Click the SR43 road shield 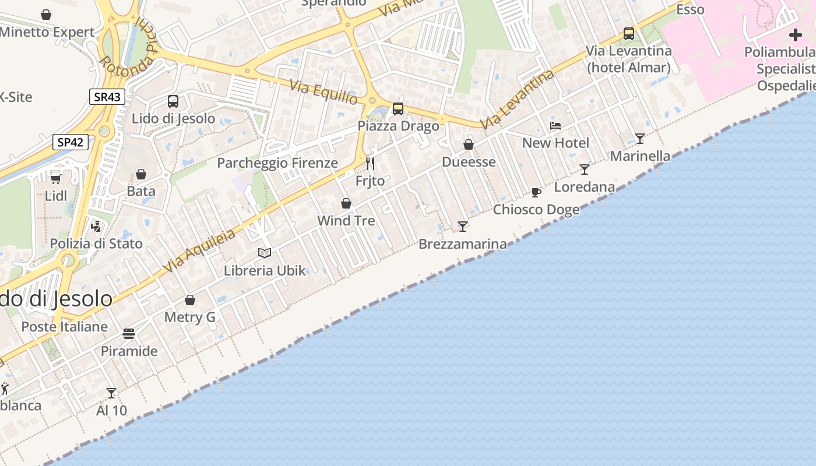pos(107,97)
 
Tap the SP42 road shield pos(71,142)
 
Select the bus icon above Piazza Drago pos(398,109)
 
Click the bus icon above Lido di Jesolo pos(173,101)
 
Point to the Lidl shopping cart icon pos(56,178)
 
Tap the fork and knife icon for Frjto pos(370,163)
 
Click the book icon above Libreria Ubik pos(265,253)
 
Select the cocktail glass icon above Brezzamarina pos(463,226)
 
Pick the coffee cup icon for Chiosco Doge pos(536,192)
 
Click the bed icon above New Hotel pos(555,125)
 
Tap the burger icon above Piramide pos(129,334)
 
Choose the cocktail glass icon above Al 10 pos(111,393)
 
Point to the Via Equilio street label pos(324,93)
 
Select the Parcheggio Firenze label pos(277,163)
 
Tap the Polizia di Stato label pos(96,243)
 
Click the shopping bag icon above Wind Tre pos(346,203)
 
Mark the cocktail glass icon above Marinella pos(640,139)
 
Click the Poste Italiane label pos(65,327)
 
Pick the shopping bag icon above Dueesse pos(469,144)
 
